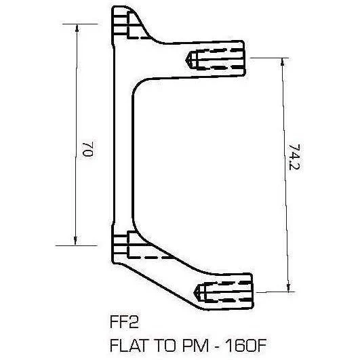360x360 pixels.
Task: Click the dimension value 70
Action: click(x=87, y=149)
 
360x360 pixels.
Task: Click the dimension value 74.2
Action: click(x=294, y=157)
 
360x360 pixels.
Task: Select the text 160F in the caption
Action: click(x=245, y=345)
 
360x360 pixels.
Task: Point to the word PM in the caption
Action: click(x=195, y=345)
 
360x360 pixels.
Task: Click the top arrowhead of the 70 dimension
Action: click(x=77, y=28)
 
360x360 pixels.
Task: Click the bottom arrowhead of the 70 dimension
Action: click(x=75, y=241)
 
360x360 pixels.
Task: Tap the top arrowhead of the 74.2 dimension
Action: click(x=283, y=62)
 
